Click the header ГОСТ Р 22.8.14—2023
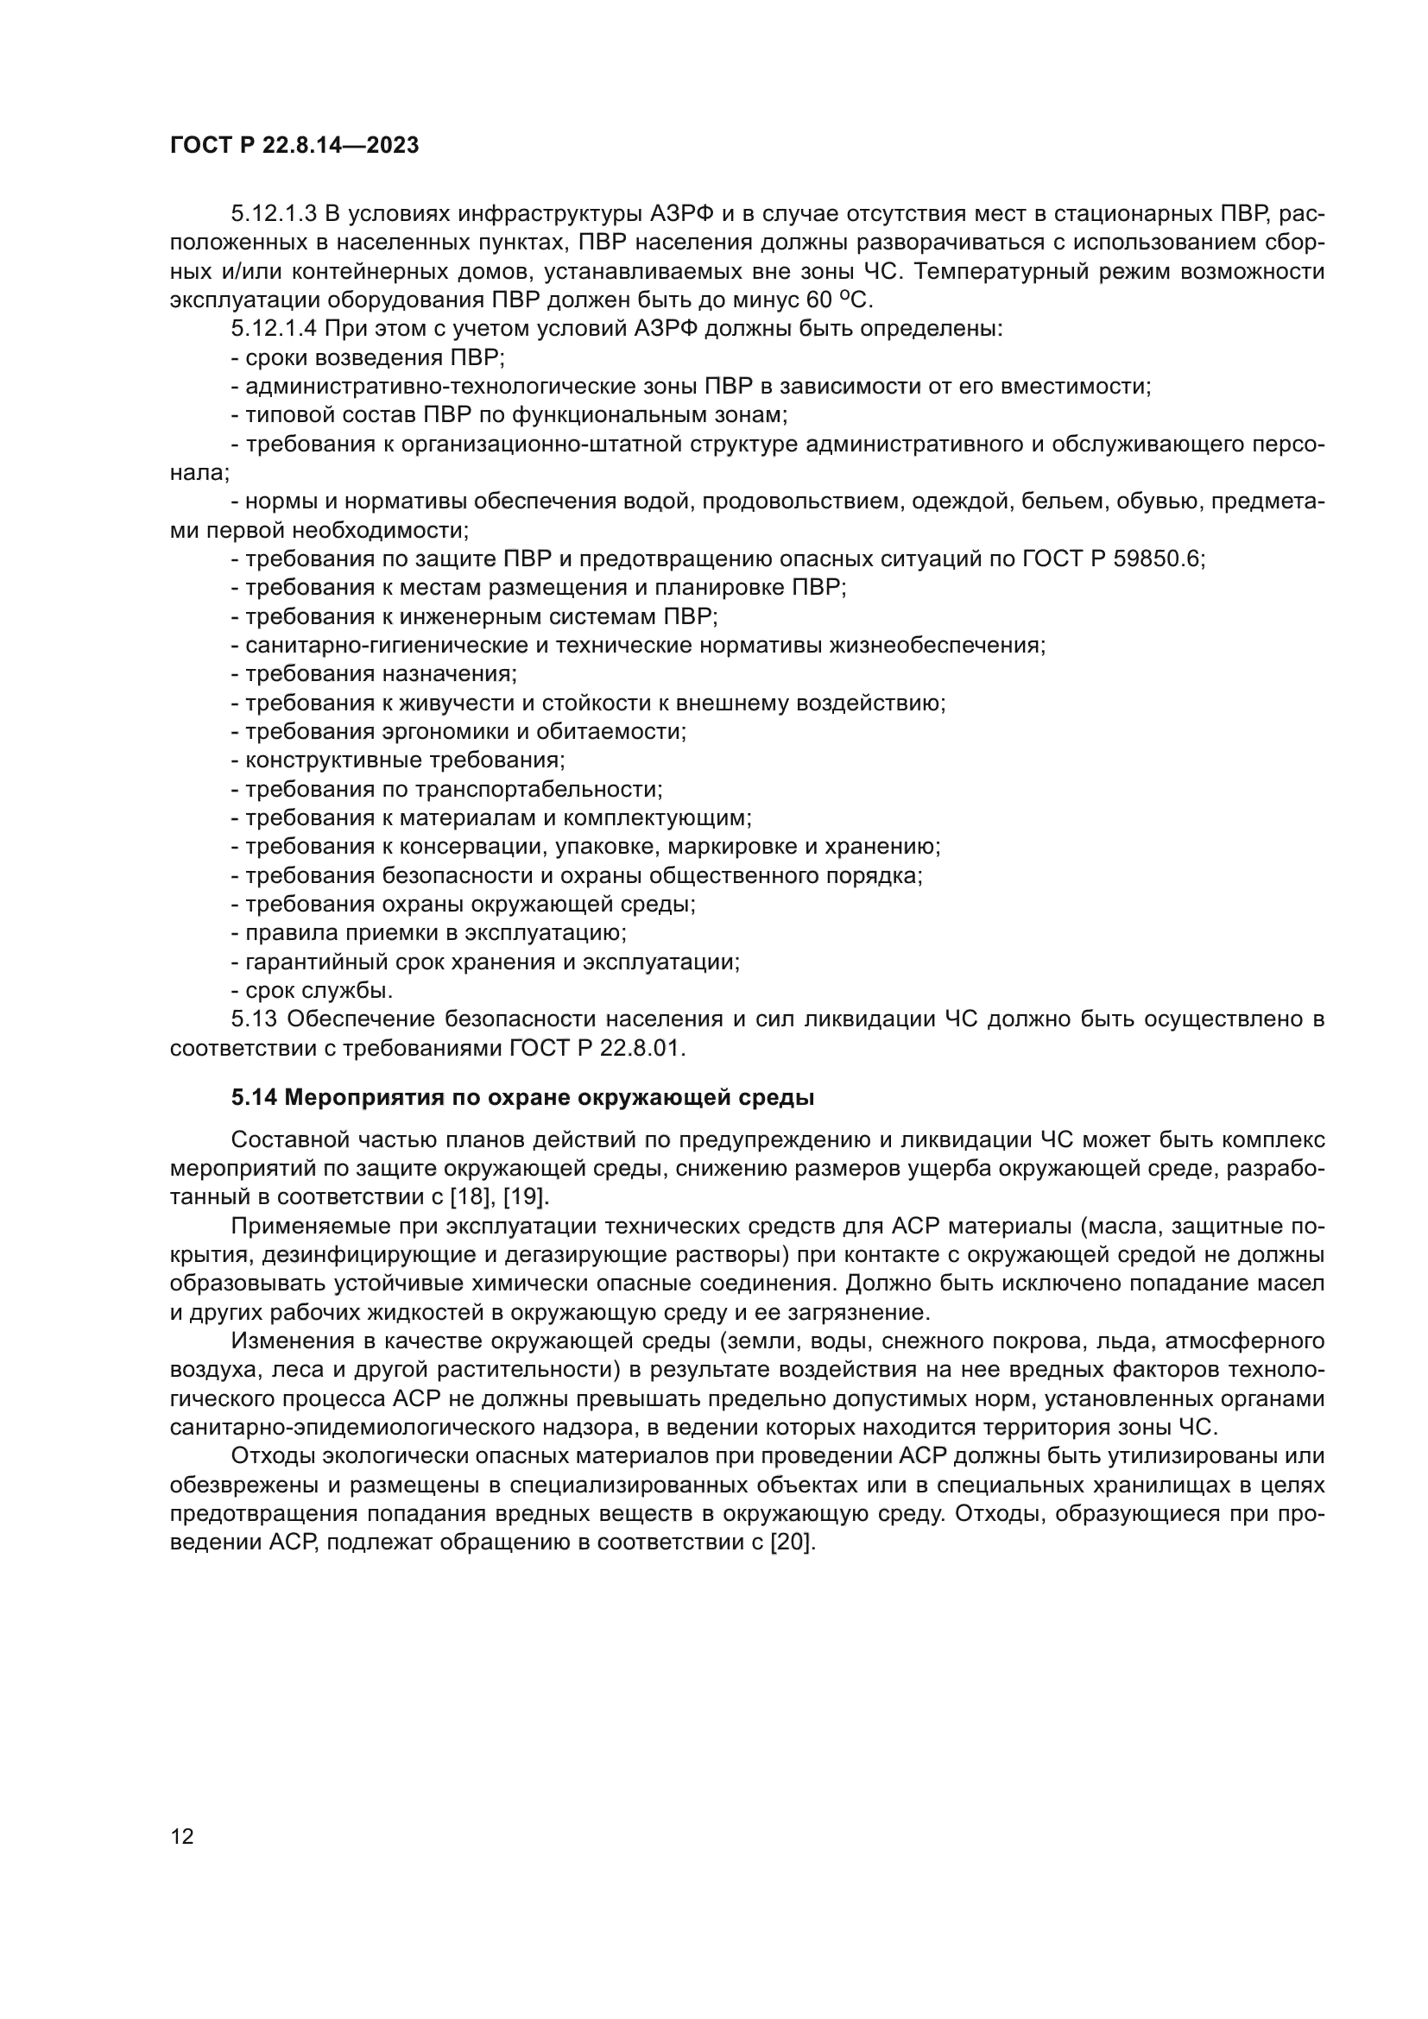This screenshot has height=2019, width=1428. (x=294, y=146)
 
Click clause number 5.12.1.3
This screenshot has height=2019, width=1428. (x=274, y=214)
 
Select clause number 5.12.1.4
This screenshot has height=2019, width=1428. (x=274, y=329)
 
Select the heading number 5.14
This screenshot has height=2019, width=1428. (x=254, y=1097)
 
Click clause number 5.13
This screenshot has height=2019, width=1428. (x=254, y=1019)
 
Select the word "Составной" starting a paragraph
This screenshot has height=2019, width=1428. (x=284, y=1139)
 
